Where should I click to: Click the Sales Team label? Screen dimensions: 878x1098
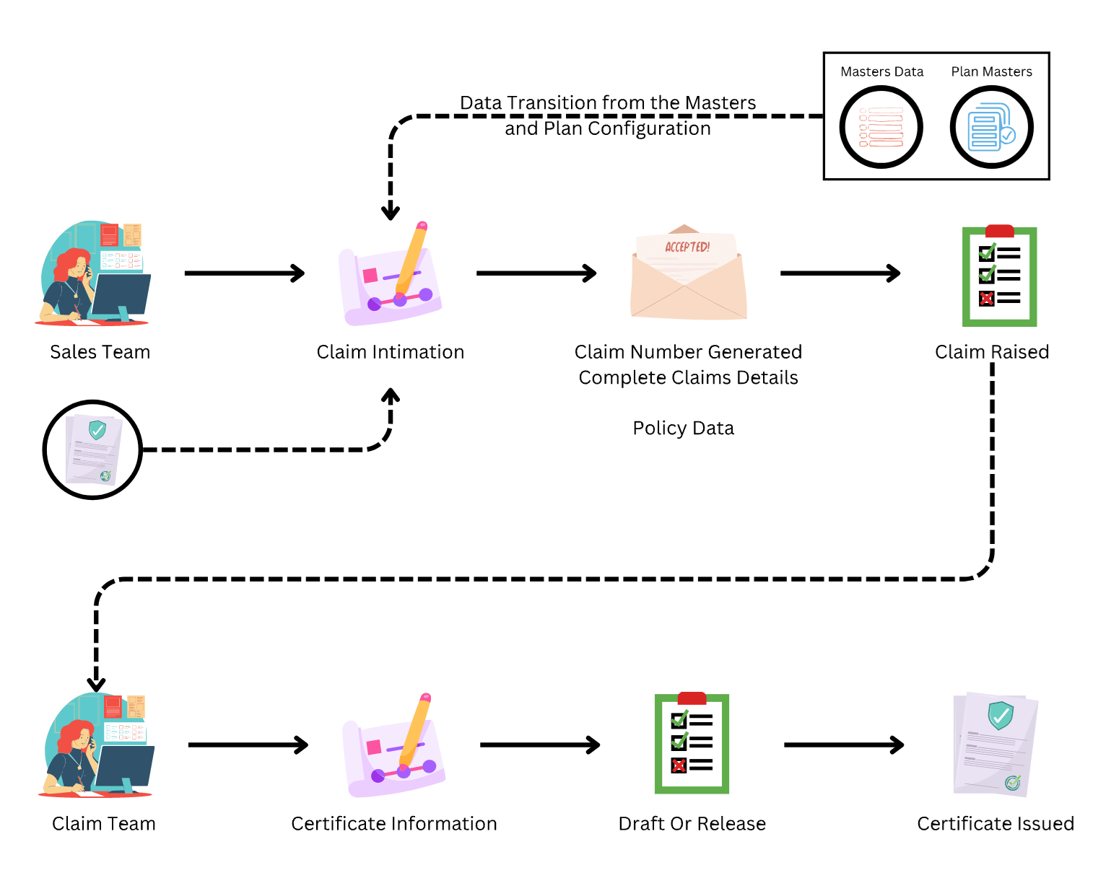(x=100, y=352)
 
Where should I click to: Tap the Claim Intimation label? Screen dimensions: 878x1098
(x=391, y=352)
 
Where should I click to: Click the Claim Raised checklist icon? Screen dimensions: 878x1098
(x=999, y=276)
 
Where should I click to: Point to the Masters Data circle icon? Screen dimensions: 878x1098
(x=881, y=127)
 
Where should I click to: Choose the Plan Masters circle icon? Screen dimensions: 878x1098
(x=991, y=127)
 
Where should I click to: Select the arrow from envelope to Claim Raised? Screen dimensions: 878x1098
(x=840, y=273)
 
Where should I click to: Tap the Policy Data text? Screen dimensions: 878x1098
(x=684, y=429)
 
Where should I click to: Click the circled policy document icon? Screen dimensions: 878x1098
(x=92, y=449)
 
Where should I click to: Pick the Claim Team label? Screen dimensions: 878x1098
(x=104, y=824)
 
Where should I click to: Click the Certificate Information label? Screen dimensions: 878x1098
(x=394, y=824)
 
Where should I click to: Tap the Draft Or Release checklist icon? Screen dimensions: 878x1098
(x=692, y=744)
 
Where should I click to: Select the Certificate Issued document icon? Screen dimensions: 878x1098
(x=995, y=745)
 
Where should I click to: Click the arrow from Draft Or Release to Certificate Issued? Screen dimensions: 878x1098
(x=843, y=745)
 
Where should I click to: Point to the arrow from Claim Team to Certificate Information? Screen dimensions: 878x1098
(x=248, y=745)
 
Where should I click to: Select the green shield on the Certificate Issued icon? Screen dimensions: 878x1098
(x=1001, y=714)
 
